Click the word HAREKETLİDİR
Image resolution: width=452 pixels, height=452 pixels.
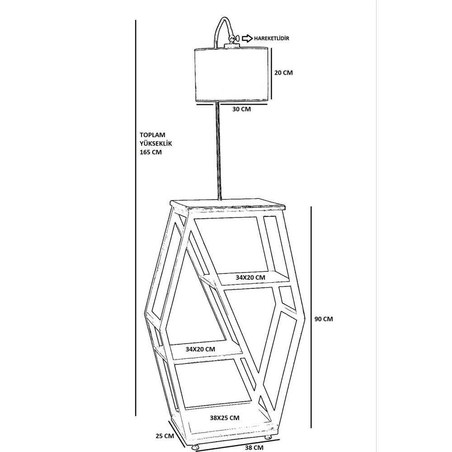coord(271,38)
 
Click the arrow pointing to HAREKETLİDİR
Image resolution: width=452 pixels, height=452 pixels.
coord(247,38)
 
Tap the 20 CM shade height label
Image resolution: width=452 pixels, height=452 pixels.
coord(283,73)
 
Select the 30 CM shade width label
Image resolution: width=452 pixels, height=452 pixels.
coord(241,109)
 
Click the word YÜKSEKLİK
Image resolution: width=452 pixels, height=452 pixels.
coord(155,143)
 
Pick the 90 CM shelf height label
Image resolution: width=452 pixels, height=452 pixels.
coord(324,319)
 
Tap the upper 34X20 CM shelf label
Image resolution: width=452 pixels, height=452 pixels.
coord(250,278)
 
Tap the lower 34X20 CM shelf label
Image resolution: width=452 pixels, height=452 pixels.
coord(200,349)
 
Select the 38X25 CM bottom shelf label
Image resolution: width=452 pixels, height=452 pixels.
coord(225,418)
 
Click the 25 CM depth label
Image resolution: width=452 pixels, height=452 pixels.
coord(165,436)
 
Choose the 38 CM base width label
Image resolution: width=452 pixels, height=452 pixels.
coord(254,447)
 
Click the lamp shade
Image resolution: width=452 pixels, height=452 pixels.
coord(232,75)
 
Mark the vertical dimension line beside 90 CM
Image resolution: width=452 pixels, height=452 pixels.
coord(311,317)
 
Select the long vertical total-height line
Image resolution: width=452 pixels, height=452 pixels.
coord(136,218)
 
